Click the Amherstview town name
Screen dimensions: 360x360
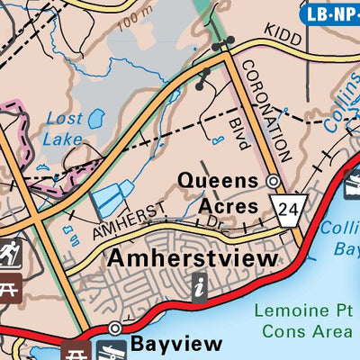coord(193,258)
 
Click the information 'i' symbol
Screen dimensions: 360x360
coord(200,287)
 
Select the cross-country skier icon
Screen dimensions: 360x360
coord(9,254)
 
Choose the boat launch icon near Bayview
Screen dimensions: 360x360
coord(105,352)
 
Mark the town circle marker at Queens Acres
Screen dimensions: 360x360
coord(274,181)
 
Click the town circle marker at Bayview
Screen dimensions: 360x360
coord(115,328)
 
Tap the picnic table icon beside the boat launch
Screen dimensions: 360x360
coord(75,352)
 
